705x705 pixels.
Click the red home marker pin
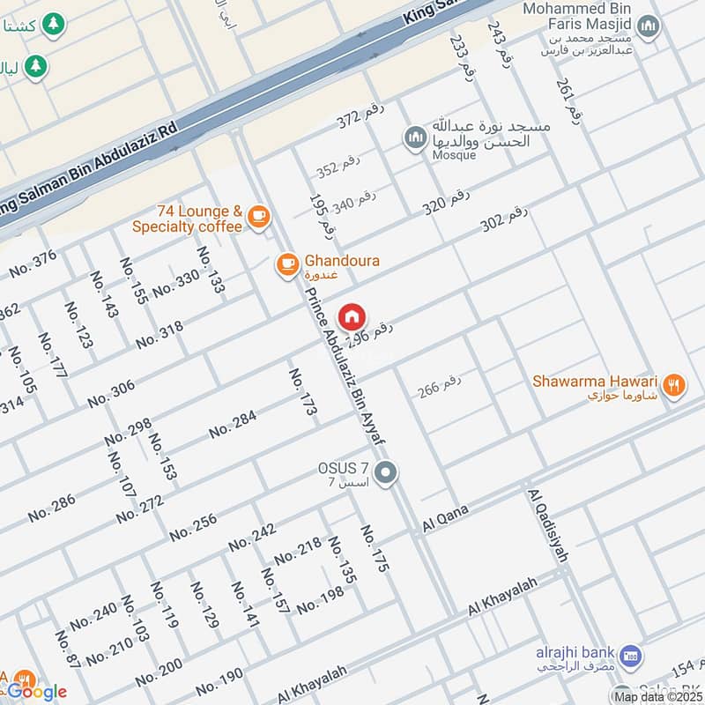pos(352,316)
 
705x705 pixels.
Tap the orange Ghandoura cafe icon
pos(286,263)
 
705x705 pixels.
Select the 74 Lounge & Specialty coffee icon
pos(258,216)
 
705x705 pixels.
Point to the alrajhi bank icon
pos(630,656)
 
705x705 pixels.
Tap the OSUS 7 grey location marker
pos(385,473)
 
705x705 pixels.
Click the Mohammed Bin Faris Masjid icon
pos(649,27)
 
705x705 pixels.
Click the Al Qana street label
pos(446,519)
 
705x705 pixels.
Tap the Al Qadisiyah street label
pos(548,525)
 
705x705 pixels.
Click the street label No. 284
pos(232,426)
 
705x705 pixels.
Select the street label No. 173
pos(302,393)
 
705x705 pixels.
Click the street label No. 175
pos(374,549)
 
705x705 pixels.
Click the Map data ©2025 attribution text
pos(658,696)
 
